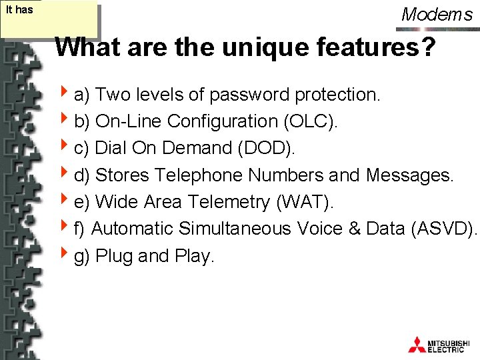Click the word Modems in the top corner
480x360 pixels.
click(437, 15)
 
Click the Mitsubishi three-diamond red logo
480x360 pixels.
click(417, 344)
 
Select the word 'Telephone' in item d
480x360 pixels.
click(200, 175)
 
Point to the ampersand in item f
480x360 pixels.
click(353, 229)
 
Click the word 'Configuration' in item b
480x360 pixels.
click(223, 121)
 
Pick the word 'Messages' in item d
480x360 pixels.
click(409, 175)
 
